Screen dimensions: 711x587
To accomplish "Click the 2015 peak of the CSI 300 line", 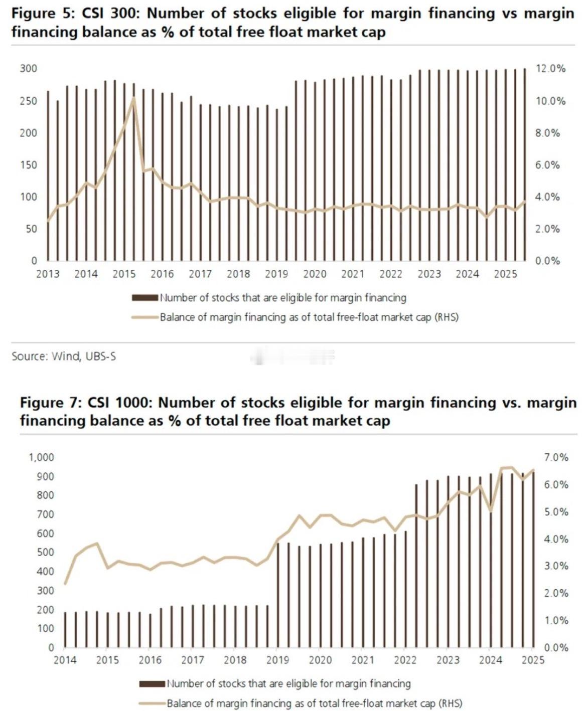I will click(133, 98).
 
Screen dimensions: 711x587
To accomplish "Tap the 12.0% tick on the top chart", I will click(550, 69).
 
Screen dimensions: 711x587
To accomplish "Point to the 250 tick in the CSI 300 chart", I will click(29, 101).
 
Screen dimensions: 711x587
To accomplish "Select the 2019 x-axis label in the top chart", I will click(276, 274).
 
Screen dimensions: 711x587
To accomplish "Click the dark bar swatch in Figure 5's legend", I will click(145, 298).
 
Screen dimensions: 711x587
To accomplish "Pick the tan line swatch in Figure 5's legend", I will click(145, 317).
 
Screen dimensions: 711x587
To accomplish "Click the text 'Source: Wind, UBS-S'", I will click(64, 356).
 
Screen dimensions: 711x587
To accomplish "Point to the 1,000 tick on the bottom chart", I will click(42, 457).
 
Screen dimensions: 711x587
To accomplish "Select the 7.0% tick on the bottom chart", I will click(556, 457).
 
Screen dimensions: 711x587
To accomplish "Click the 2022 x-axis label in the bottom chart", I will click(405, 660).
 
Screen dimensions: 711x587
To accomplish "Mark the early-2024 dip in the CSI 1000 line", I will click(491, 511).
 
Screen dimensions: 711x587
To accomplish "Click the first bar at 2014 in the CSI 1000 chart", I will click(65, 629).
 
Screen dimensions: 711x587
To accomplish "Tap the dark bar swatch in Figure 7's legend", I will click(152, 683).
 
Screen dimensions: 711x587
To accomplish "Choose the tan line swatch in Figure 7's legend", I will click(152, 703).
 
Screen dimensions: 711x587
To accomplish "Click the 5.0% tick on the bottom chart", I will click(556, 512).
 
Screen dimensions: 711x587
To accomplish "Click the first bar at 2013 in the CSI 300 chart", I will click(48, 175).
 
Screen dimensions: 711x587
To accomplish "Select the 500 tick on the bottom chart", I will click(45, 553).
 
